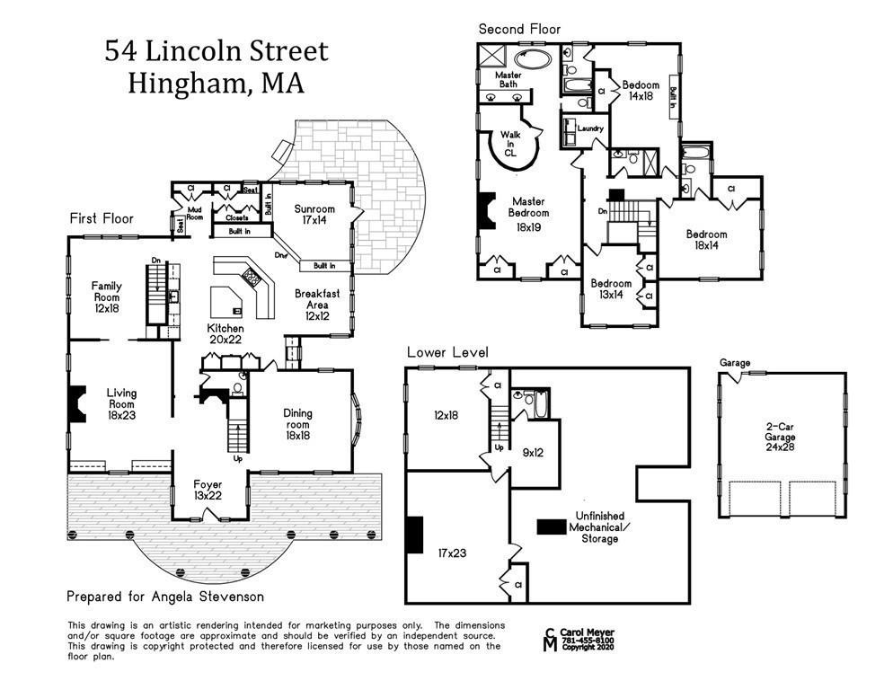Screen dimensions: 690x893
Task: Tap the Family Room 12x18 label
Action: pos(106,297)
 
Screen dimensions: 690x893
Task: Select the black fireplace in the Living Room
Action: pos(77,399)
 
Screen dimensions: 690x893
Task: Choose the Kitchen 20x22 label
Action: pos(225,335)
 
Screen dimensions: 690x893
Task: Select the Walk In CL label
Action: pos(509,144)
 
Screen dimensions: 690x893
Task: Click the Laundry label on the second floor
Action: pos(589,128)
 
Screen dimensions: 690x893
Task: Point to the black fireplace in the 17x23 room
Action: pos(414,535)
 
